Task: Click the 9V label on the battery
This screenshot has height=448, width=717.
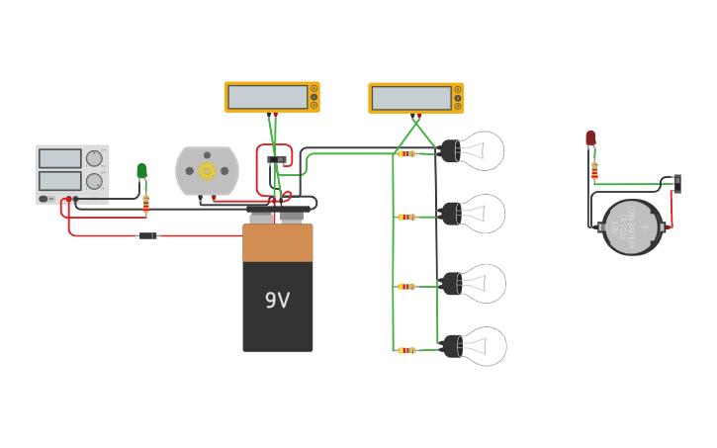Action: coord(277,300)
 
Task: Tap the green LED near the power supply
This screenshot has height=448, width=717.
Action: coord(141,171)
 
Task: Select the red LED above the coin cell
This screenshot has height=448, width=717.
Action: coord(590,138)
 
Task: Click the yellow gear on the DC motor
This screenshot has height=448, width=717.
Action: coord(208,170)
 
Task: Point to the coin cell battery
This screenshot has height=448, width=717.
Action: coord(632,227)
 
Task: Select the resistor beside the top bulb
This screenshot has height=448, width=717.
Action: coord(406,153)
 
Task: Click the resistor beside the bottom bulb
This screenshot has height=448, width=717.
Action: coord(406,350)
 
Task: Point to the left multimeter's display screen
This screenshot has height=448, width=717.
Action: coord(267,97)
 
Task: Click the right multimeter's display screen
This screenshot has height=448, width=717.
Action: coord(411,98)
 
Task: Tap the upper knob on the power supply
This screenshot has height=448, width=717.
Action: coord(94,158)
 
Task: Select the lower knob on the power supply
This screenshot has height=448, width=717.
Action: coord(94,181)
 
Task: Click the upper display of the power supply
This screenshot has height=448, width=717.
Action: coord(59,158)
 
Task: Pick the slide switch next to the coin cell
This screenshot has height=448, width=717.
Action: coord(676,183)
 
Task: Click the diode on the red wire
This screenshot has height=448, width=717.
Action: coord(147,235)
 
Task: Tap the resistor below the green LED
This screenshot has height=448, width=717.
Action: coord(146,203)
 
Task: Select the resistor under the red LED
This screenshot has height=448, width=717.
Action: coord(594,171)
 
